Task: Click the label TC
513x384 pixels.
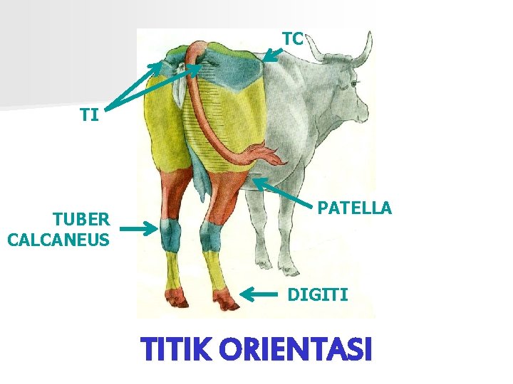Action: [x=293, y=38]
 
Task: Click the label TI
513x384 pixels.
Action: [x=89, y=114]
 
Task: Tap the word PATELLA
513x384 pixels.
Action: [x=354, y=208]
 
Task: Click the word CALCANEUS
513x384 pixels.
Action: [x=58, y=239]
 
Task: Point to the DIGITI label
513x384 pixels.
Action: [x=318, y=294]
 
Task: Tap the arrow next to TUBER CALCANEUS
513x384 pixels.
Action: [x=138, y=229]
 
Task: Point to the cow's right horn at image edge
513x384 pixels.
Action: [x=364, y=50]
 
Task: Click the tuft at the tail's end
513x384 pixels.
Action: [x=268, y=155]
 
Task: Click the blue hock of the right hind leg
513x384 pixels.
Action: [x=210, y=237]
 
